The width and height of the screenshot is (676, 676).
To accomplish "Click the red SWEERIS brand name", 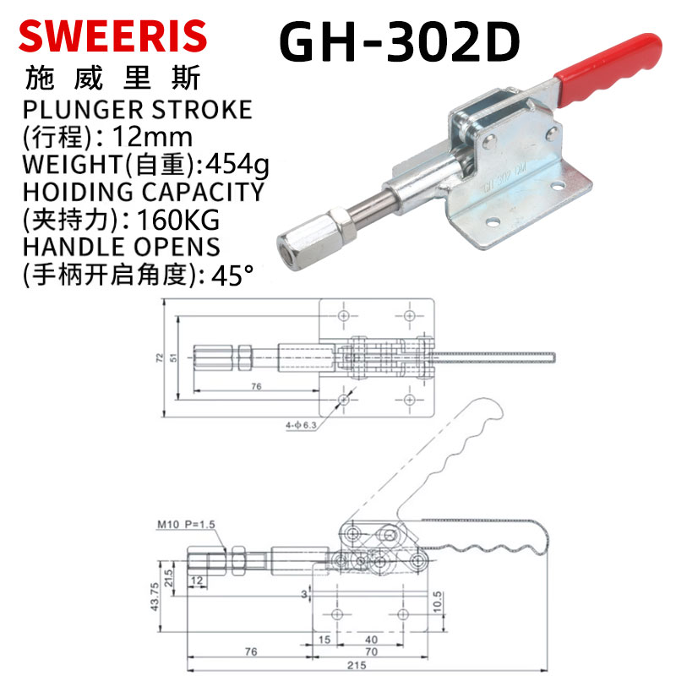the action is coord(113,36).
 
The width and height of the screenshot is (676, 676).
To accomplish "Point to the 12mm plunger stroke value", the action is coord(152,137).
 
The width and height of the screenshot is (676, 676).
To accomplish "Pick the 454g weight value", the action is coord(237,165).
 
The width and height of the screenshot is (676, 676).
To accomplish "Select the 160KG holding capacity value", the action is coord(177,220).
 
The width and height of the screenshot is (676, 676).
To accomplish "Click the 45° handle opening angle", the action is coord(232,275).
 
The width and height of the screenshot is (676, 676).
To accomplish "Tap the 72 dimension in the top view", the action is coord(160,357).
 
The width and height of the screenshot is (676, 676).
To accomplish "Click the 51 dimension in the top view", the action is coord(173,357).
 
